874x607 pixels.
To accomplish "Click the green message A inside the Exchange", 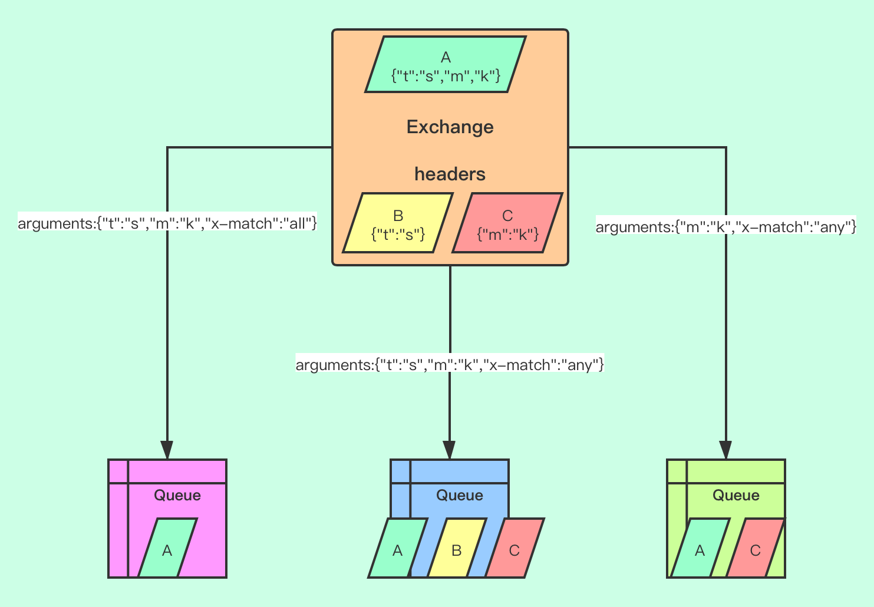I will coord(446,65).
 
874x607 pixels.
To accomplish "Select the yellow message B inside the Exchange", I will coord(398,223).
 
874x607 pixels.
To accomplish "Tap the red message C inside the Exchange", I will coord(507,223).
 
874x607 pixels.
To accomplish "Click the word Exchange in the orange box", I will coord(450,127).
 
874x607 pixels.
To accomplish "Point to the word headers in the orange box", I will coord(450,174).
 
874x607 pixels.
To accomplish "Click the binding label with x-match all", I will coord(167,223).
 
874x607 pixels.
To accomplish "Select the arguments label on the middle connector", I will coord(450,365).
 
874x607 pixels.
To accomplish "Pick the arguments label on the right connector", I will coord(725,227).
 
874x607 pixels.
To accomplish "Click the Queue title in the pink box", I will coord(177,495).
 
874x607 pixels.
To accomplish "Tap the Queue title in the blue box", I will coord(459,495).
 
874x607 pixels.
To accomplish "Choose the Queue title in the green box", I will coord(736,495).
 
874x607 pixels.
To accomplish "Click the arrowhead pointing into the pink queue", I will coord(167,450).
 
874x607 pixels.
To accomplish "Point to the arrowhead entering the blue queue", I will coord(450,450).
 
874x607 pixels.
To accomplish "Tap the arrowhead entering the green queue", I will coord(725,450).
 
